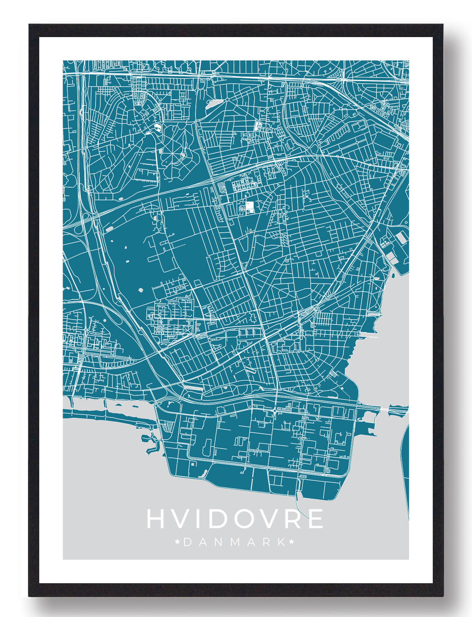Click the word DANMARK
(234, 543)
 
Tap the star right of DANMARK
(291, 543)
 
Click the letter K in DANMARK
(281, 543)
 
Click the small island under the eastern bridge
(394, 409)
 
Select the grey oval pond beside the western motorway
(109, 229)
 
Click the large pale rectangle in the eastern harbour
(401, 238)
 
